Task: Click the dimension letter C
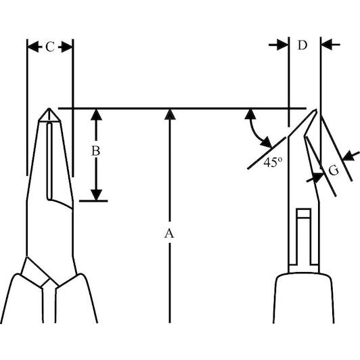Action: (x=50, y=47)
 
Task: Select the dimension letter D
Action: (x=302, y=45)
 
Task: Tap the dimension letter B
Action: (x=95, y=152)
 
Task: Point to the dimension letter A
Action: (x=169, y=233)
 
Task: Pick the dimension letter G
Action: (x=334, y=170)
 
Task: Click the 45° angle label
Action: (x=273, y=162)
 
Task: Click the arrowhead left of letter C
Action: (x=33, y=47)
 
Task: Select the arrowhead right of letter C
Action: (x=67, y=47)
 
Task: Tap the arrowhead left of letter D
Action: (x=282, y=45)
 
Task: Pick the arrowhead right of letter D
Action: (x=327, y=45)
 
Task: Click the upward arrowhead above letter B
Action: (x=96, y=114)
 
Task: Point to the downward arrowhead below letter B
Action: (x=96, y=195)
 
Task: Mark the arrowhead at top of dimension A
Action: (x=170, y=114)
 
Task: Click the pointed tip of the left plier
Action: (x=49, y=108)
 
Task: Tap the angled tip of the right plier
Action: (x=316, y=110)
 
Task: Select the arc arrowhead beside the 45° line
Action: (x=267, y=142)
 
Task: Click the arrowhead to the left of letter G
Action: (x=318, y=177)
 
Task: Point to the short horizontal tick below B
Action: (x=93, y=201)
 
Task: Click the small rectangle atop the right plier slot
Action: (x=304, y=213)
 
